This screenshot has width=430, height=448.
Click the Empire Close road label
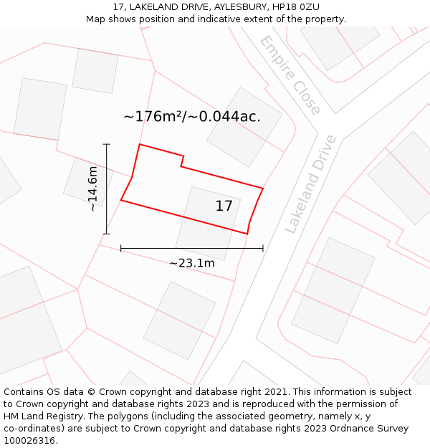290,75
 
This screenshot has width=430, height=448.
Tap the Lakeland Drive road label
310,184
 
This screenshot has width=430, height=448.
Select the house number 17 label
224,206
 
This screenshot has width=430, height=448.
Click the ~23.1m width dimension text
192,263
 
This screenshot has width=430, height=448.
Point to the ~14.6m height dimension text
92,189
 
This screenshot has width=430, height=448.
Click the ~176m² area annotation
192,116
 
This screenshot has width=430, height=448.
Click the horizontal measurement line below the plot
192,248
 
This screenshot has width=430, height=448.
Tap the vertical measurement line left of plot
107,189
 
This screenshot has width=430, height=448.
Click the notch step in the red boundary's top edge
182,161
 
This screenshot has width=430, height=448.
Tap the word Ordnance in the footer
354,429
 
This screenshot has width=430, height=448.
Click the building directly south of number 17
179,320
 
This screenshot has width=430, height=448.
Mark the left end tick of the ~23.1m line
121,248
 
